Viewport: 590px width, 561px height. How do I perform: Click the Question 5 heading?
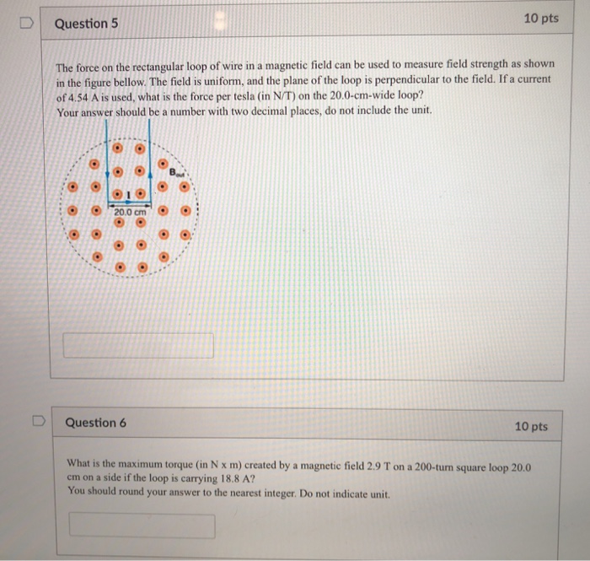click(x=86, y=24)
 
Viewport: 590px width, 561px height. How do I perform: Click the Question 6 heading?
click(x=96, y=423)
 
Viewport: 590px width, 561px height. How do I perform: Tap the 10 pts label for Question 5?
click(x=540, y=19)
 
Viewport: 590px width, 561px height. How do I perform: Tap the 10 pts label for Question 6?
click(x=531, y=427)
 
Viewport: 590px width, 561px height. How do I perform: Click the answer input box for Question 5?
click(x=138, y=345)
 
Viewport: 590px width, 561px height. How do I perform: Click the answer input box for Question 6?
click(x=142, y=526)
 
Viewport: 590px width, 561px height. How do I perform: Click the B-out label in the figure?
click(x=175, y=172)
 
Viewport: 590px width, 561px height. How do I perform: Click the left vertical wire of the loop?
click(x=106, y=165)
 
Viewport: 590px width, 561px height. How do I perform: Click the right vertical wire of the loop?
click(x=149, y=165)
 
